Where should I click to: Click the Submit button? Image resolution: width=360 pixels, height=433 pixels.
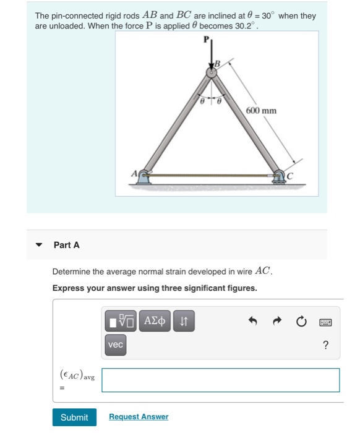[x=74, y=418]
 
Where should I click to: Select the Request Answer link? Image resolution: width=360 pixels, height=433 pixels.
[x=138, y=418]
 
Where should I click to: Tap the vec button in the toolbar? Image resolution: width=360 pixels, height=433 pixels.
[x=116, y=345]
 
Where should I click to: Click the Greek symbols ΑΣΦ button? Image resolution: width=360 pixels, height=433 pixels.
[x=154, y=321]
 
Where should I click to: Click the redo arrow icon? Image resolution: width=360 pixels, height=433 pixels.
[x=277, y=322]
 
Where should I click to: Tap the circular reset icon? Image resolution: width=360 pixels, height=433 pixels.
[x=301, y=322]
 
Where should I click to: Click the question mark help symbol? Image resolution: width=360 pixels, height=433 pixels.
[x=325, y=345]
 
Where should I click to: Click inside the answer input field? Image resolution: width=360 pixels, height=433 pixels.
[x=220, y=380]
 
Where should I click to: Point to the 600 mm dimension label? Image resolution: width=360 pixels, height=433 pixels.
[x=261, y=111]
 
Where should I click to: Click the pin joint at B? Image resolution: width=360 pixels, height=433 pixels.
[x=211, y=73]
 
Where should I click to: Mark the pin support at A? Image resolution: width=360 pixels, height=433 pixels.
[x=144, y=178]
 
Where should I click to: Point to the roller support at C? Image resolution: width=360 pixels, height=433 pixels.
[x=280, y=178]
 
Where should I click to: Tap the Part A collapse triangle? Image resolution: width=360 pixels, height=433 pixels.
[x=40, y=246]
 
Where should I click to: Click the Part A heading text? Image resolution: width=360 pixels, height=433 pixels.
[x=66, y=245]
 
